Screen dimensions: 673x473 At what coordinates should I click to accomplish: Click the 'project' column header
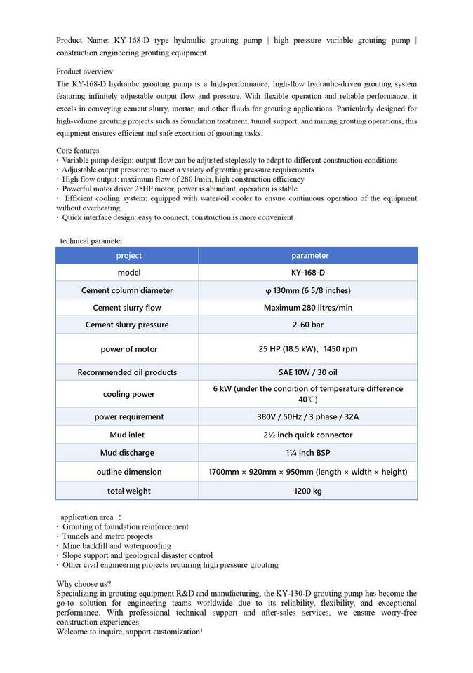(x=128, y=256)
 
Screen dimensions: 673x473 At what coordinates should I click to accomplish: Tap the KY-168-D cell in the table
(x=308, y=273)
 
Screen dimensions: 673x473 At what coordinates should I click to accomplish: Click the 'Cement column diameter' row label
(x=127, y=290)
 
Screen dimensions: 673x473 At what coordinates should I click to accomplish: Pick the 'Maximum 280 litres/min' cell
(x=308, y=308)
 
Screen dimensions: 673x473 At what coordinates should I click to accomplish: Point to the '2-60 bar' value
(x=308, y=325)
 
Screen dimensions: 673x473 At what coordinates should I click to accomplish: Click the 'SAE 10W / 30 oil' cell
(x=308, y=372)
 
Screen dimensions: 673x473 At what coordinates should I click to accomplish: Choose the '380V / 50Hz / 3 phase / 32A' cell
(x=308, y=416)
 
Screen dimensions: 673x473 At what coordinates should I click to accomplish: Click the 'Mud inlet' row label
(x=127, y=435)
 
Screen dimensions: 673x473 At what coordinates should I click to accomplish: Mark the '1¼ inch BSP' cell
(x=308, y=453)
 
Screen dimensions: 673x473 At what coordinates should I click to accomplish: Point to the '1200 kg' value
(x=308, y=491)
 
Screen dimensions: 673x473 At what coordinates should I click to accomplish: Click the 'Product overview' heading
(x=84, y=72)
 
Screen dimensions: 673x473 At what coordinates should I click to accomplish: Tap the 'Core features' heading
(x=77, y=151)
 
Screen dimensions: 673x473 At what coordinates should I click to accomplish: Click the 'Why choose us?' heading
(x=84, y=584)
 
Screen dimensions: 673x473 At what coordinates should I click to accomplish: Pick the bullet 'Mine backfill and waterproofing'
(x=116, y=545)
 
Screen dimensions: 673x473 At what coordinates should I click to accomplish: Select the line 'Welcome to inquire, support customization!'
(x=130, y=632)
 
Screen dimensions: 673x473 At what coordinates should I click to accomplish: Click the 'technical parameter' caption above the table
(x=91, y=241)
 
